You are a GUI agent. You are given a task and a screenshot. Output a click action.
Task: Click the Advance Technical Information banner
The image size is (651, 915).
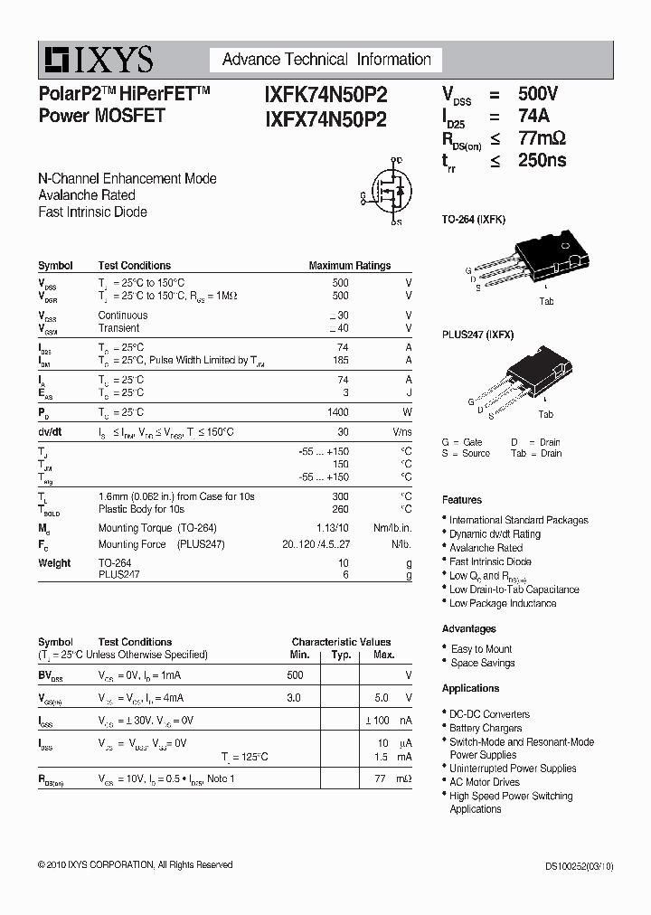click(x=326, y=60)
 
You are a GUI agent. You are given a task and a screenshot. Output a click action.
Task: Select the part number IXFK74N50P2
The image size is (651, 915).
click(x=326, y=94)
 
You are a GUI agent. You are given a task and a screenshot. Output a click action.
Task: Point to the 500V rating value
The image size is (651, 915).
click(x=538, y=94)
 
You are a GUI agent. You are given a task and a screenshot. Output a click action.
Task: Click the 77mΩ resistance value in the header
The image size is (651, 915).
click(x=542, y=138)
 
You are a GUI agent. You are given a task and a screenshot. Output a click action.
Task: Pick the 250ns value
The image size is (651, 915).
click(x=542, y=160)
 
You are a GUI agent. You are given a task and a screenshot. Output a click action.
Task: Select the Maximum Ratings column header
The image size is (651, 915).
click(x=350, y=266)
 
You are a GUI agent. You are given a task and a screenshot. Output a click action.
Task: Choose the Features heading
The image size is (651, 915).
click(x=462, y=500)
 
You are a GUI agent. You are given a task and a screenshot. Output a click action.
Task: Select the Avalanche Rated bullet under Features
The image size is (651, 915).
click(x=486, y=548)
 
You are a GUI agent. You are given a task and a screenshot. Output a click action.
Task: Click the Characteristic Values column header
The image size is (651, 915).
click(x=341, y=642)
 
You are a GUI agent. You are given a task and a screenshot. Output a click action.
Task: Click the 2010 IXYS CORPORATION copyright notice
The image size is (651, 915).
click(x=136, y=865)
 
